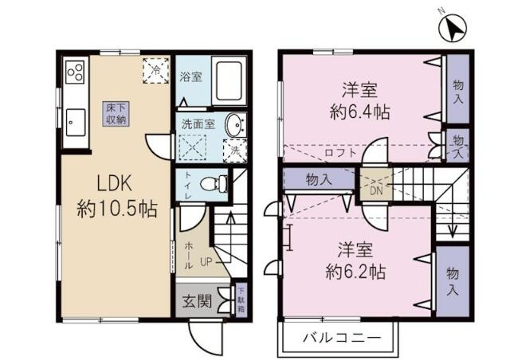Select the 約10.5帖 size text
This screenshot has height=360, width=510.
tap(116, 209)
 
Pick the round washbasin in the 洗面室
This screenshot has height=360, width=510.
tap(233, 125)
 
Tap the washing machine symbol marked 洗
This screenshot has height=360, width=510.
tap(236, 148)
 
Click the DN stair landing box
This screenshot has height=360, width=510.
tap(374, 190)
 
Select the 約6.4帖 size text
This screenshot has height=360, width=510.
tap(360, 112)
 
